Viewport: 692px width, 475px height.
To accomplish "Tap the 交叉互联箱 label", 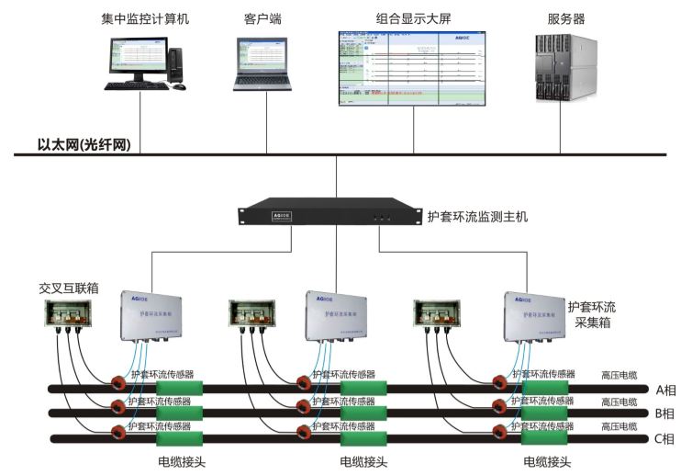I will pyautogui.click(x=69, y=288).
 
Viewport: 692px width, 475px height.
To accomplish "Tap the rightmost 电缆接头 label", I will pyautogui.click(x=547, y=462).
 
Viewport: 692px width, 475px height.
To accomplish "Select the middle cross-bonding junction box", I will pyautogui.click(x=254, y=319).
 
